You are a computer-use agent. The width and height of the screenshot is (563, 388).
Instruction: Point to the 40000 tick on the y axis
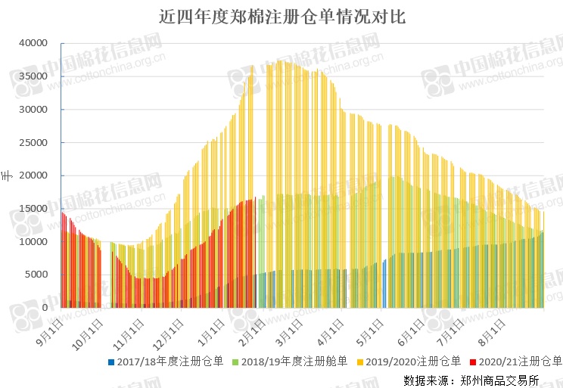33,43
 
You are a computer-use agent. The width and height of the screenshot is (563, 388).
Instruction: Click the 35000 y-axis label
33,76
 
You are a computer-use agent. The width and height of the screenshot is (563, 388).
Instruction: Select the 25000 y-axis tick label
33,143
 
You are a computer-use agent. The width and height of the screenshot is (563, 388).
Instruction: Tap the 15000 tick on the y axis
33,209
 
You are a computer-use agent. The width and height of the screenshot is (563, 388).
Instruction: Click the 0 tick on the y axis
45,308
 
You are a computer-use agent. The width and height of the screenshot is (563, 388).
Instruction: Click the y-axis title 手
7,175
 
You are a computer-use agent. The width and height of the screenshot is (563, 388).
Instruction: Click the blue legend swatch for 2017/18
112,362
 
